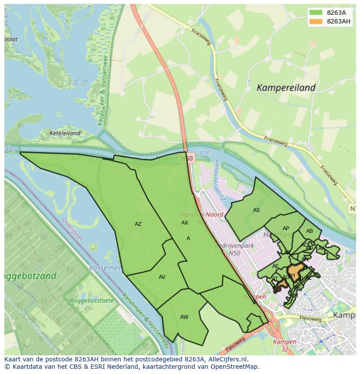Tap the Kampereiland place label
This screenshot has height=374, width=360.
click(286, 88)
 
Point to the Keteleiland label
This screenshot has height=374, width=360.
click(65, 133)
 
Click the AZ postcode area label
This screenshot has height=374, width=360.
click(138, 224)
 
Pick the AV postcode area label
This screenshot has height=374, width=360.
click(162, 277)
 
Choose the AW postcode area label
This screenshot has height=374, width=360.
click(184, 317)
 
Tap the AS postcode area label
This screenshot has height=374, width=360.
click(257, 210)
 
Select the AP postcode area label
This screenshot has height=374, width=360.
click(286, 228)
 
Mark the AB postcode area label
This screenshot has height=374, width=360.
click(310, 231)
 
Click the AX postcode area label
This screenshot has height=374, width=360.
click(185, 223)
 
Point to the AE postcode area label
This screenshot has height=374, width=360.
click(276, 266)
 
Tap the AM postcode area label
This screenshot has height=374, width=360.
click(295, 296)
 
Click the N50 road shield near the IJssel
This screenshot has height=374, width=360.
click(188, 159)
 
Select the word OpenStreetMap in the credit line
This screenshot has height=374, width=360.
click(236, 367)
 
